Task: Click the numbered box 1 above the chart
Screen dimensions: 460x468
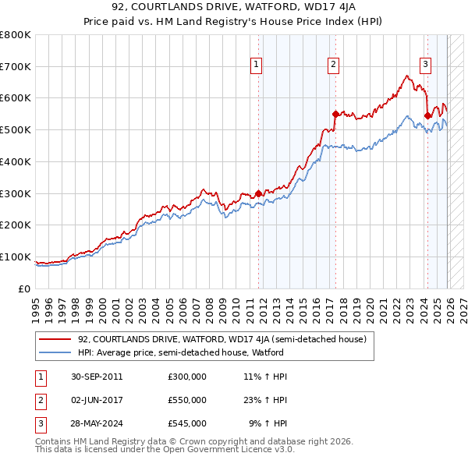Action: pyautogui.click(x=257, y=65)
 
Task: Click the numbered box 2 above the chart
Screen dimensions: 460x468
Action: pyautogui.click(x=333, y=65)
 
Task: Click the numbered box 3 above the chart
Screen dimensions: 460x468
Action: pyautogui.click(x=426, y=65)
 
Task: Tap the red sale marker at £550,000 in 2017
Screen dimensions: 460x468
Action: pyautogui.click(x=335, y=114)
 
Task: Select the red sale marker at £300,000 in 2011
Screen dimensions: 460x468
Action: pyautogui.click(x=259, y=193)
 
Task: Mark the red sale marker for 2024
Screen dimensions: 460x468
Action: pyautogui.click(x=427, y=115)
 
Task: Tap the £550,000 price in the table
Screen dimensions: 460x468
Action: pyautogui.click(x=186, y=400)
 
